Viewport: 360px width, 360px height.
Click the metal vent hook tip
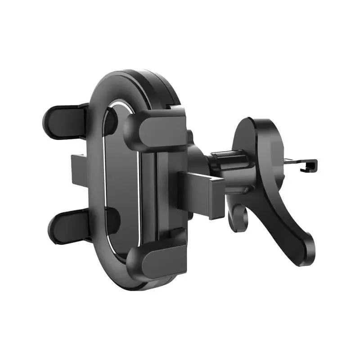point(311,166)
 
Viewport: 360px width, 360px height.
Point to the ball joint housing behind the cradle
point(198,157)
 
